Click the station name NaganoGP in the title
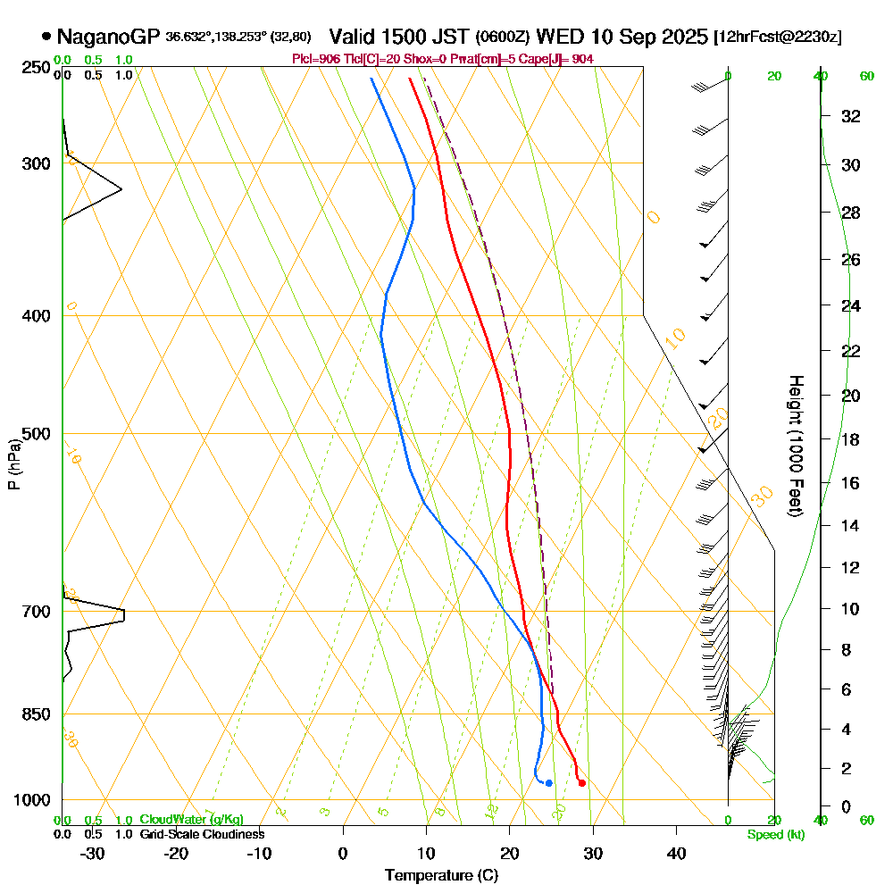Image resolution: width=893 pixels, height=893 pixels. click(108, 38)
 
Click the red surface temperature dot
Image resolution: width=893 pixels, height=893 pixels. click(581, 783)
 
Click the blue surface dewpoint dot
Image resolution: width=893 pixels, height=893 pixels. click(548, 783)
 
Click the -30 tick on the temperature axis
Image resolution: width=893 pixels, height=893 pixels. click(93, 854)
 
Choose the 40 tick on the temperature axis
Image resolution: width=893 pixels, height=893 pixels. click(676, 854)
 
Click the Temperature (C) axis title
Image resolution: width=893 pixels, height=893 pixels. click(441, 876)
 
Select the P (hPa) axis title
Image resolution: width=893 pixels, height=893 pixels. click(13, 464)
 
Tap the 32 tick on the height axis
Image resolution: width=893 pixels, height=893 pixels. click(851, 116)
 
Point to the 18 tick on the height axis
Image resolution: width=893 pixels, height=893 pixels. click(851, 439)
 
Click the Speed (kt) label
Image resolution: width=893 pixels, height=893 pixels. click(773, 835)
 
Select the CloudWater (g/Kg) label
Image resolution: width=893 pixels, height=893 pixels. click(191, 820)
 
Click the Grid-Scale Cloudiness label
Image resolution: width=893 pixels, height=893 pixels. click(201, 834)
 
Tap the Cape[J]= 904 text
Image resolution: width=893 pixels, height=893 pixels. click(563, 59)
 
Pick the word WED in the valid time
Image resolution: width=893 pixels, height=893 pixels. click(558, 38)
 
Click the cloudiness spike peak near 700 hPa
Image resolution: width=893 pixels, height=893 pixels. click(123, 613)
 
